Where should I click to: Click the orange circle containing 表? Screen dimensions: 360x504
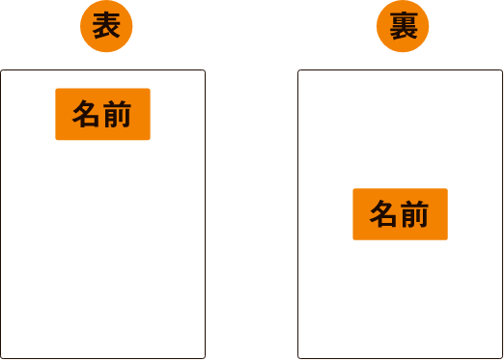click(106, 28)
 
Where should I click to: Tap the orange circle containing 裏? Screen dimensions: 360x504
click(403, 28)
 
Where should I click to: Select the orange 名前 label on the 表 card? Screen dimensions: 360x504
click(102, 114)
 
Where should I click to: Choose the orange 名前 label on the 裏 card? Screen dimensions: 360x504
click(400, 214)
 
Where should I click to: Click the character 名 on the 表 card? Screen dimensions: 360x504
click(87, 114)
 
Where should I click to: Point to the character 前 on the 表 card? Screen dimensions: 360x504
click(118, 114)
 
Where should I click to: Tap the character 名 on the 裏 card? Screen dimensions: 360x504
click(384, 214)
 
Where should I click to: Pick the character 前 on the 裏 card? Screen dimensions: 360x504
click(415, 214)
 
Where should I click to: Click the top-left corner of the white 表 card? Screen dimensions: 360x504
click(2, 71)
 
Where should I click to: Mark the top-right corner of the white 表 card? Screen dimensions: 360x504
click(204, 71)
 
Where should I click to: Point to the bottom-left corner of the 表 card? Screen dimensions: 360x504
click(2, 357)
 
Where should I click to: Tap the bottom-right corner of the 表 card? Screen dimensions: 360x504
click(204, 357)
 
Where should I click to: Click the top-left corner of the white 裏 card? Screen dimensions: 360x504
click(299, 71)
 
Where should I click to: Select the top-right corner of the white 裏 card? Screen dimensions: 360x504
click(502, 71)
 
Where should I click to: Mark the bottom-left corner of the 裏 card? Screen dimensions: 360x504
click(299, 357)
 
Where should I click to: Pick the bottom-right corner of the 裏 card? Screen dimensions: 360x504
click(502, 357)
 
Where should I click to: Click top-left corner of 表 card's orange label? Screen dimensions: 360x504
click(56, 89)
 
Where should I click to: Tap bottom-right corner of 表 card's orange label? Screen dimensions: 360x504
click(150, 139)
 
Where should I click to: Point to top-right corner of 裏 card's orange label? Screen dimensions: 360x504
click(447, 189)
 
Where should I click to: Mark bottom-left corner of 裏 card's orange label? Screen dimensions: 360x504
click(353, 239)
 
